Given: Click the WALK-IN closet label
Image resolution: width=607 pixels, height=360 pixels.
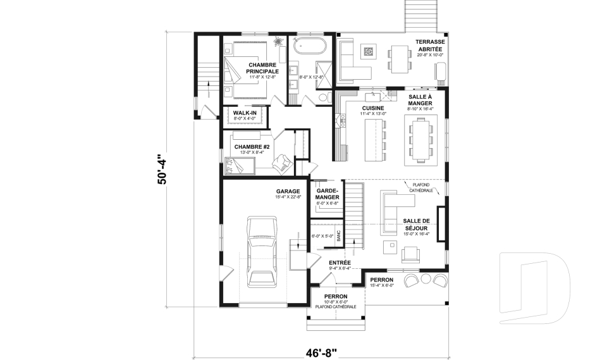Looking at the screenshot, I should [244, 113].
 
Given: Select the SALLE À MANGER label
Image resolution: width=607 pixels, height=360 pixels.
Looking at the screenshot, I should [420, 99].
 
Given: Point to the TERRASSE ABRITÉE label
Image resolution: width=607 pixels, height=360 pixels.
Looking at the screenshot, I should [430, 46].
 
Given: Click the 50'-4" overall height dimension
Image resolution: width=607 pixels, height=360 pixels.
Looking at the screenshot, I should [162, 169].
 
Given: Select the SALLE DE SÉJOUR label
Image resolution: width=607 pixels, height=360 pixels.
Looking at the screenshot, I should [415, 224].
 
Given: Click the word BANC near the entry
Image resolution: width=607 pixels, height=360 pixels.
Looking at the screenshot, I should [339, 236].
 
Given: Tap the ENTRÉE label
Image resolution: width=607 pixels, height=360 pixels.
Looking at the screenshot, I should [340, 262].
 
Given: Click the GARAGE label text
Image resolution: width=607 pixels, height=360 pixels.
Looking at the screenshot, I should [288, 191].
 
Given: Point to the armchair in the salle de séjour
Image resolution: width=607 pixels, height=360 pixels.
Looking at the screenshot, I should [411, 254].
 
